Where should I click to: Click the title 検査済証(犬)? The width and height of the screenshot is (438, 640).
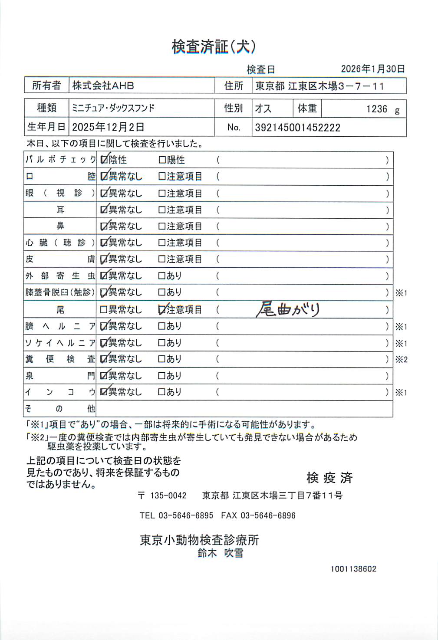click(x=214, y=47)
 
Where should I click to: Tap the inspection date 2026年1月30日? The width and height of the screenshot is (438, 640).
click(x=372, y=69)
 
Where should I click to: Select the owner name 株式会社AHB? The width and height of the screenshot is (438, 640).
click(x=103, y=85)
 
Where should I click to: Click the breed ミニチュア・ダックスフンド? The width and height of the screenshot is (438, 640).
click(x=113, y=108)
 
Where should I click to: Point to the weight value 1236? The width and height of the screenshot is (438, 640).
click(x=376, y=109)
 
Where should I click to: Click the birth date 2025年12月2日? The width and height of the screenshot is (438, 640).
click(x=108, y=127)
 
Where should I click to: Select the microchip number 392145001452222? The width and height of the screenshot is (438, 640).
click(x=297, y=128)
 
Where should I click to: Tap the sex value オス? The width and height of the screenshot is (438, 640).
click(x=263, y=108)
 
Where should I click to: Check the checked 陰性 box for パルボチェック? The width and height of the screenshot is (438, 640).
click(x=104, y=160)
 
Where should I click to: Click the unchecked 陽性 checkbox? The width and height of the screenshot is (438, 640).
click(x=162, y=160)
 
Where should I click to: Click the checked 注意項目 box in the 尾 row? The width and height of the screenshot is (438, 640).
click(x=162, y=310)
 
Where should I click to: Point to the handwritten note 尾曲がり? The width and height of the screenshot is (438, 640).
click(x=288, y=309)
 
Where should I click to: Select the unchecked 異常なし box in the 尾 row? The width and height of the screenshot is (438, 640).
click(x=104, y=310)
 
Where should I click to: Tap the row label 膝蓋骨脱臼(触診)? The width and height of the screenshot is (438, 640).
click(x=60, y=292)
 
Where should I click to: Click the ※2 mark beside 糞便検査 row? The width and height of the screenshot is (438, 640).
click(x=401, y=359)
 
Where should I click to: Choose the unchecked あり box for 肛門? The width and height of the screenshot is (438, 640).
click(x=162, y=376)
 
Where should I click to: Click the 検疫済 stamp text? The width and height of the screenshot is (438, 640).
click(x=329, y=478)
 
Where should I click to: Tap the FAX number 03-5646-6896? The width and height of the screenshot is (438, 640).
click(x=268, y=515)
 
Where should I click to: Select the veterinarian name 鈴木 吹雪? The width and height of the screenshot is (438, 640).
click(x=220, y=553)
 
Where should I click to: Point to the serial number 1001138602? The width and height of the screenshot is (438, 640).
click(x=353, y=569)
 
